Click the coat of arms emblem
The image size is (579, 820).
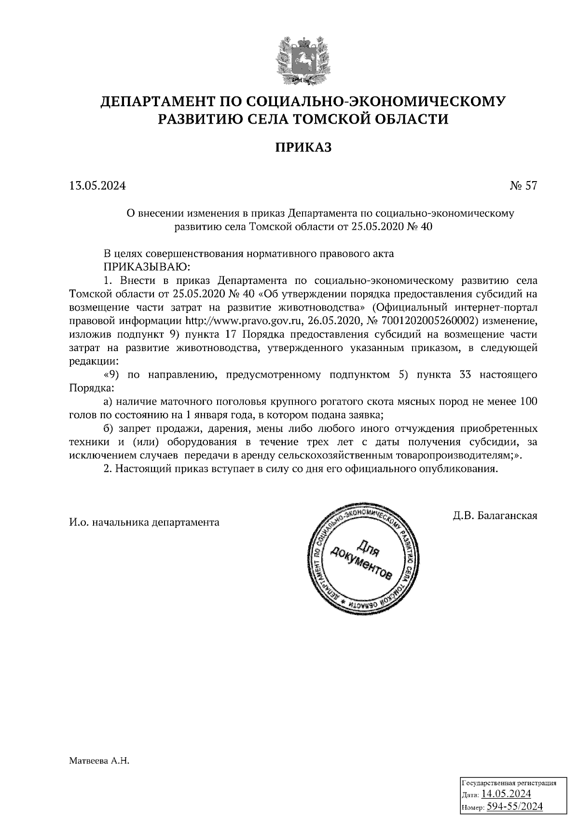303,60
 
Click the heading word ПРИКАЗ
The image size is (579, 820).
303,147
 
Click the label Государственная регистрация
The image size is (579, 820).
510,783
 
